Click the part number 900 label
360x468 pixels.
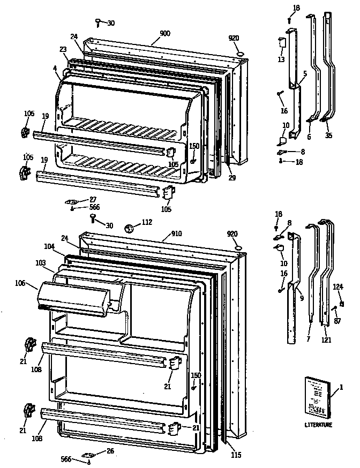click(x=164, y=33)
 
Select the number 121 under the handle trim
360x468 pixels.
click(x=326, y=339)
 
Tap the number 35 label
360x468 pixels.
click(x=328, y=135)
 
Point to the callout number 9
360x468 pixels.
click(x=302, y=298)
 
